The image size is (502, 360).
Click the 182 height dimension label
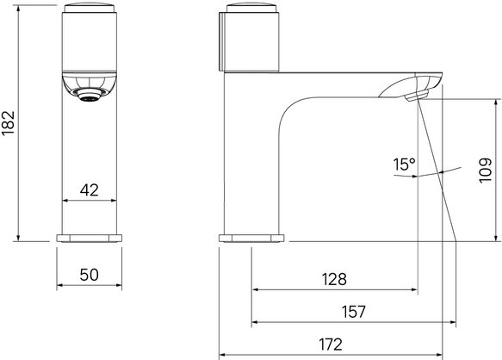[8, 123]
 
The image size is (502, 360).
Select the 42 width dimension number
[90, 190]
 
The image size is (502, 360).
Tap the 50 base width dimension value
[90, 275]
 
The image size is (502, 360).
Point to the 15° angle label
[404, 164]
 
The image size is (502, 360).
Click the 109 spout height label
[486, 170]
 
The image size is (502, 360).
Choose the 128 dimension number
[334, 279]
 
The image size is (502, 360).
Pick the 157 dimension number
[353, 312]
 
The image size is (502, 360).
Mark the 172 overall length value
[331, 344]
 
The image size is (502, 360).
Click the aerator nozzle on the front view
[90, 95]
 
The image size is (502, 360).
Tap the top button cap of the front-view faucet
[90, 8]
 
